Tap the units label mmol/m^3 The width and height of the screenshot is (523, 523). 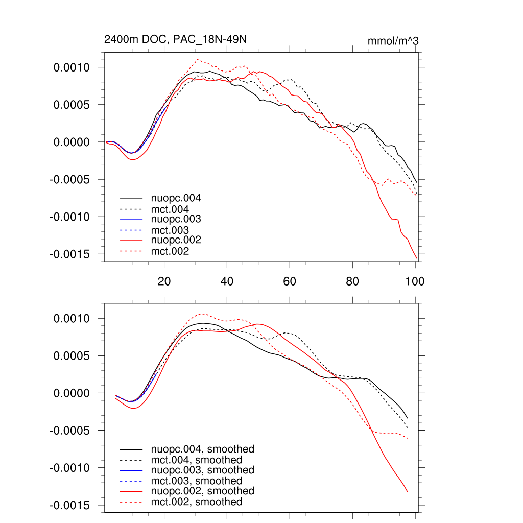(x=393, y=41)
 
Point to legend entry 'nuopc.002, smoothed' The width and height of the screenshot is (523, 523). (x=202, y=491)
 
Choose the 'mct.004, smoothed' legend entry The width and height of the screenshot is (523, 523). (x=197, y=460)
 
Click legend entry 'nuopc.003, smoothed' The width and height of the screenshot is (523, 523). (x=202, y=470)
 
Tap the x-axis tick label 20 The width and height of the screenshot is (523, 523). (x=164, y=281)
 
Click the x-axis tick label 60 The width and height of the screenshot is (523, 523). (x=290, y=281)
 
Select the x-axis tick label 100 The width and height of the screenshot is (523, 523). (x=415, y=281)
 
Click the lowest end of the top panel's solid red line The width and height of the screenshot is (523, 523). (x=417, y=257)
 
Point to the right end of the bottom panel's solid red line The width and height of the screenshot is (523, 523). (x=407, y=491)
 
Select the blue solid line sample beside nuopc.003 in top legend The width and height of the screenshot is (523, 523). (x=131, y=219)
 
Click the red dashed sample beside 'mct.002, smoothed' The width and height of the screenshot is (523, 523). (x=131, y=502)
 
